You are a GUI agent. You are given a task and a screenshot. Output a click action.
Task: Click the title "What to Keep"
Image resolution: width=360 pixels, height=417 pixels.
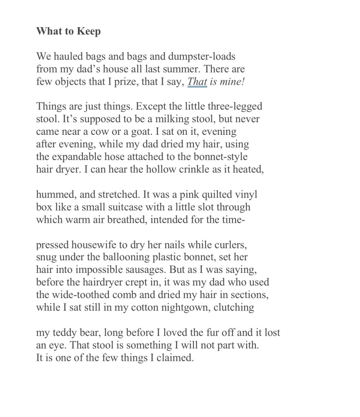pyautogui.click(x=68, y=31)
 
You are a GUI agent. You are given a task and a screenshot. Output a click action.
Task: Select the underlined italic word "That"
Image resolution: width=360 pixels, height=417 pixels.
pyautogui.click(x=197, y=81)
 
